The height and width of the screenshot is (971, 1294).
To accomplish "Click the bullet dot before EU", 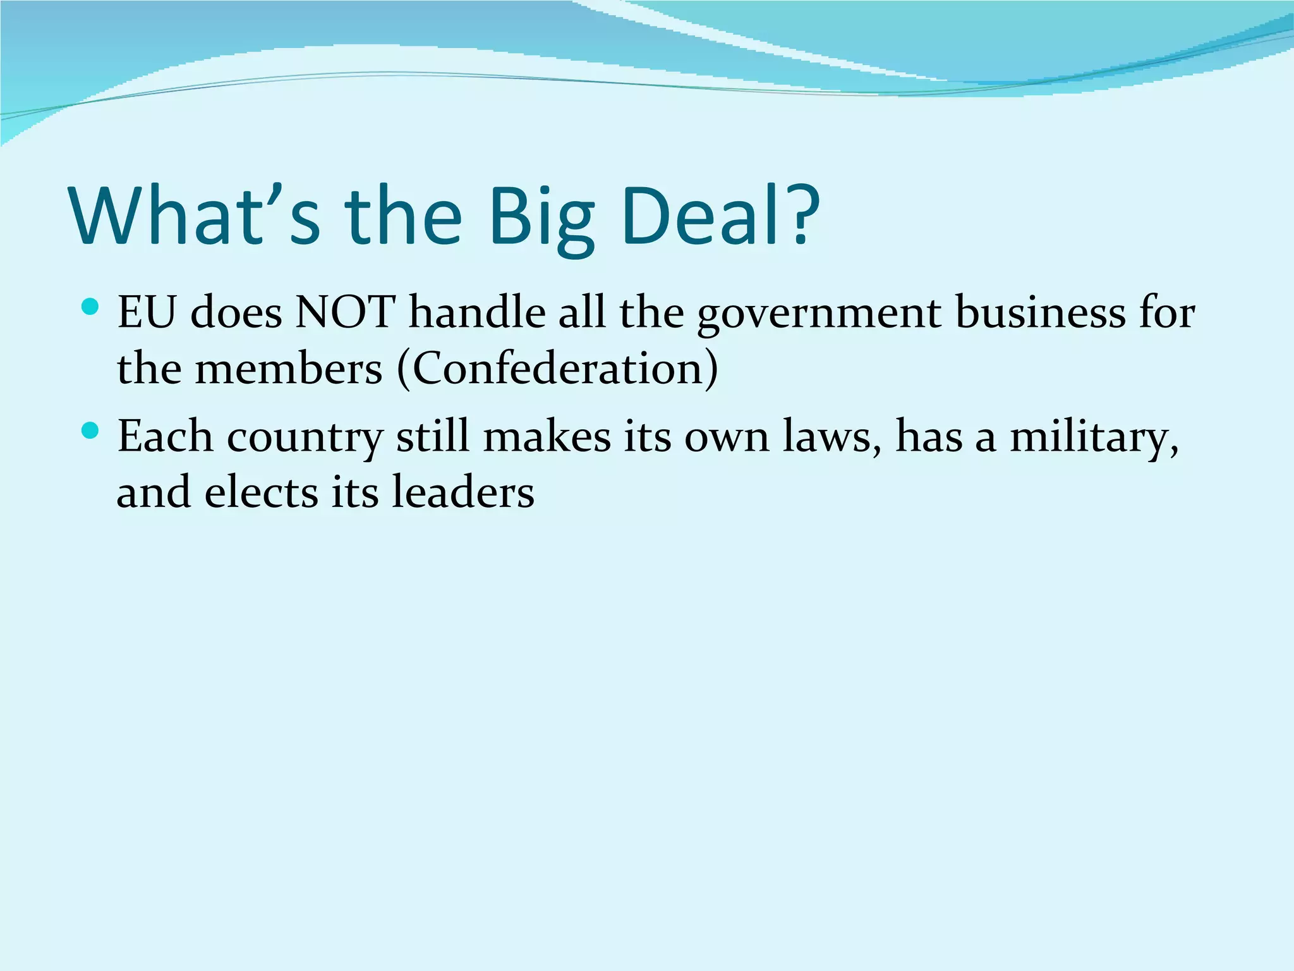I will pos(90,308).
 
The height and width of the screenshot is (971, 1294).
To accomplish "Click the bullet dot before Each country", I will pos(90,431).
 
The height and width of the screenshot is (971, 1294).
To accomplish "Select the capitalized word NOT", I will pos(345,312).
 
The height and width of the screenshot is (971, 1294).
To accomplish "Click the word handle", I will pos(477,312).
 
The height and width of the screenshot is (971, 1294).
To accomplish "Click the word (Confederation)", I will pos(557,368).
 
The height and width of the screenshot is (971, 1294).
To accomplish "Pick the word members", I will pos(288,368).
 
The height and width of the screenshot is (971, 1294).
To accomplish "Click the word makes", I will pos(547,436).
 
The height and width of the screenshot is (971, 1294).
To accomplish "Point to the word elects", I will pos(261,492).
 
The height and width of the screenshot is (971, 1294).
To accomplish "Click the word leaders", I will pos(463,492).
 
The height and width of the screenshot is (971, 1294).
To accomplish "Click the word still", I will pos(433,436).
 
